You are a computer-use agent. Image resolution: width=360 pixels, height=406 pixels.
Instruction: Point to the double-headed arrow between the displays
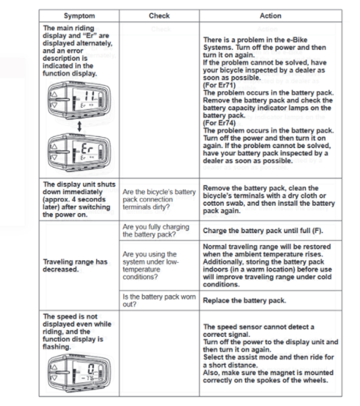point(78,125)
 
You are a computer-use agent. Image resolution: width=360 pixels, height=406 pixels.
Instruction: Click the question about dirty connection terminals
point(159,199)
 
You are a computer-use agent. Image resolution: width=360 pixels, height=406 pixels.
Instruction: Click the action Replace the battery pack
point(244,300)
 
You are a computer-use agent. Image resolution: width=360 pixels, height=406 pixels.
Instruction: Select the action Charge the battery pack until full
point(259,231)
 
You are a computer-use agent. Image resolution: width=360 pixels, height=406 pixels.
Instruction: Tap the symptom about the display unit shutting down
point(77,199)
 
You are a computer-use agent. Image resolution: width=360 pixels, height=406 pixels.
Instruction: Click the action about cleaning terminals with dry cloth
point(269,199)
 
